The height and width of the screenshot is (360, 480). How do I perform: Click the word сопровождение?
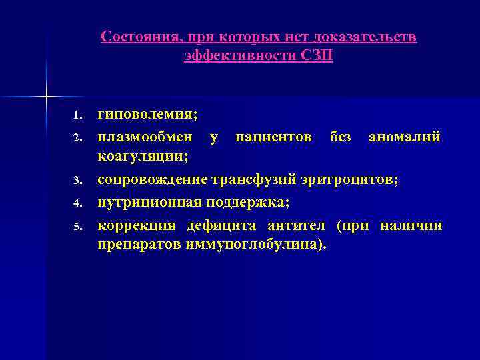(x=153, y=179)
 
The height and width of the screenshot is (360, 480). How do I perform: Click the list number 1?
(x=77, y=117)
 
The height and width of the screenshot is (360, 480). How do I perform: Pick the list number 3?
(x=77, y=181)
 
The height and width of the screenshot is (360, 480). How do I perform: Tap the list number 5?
(x=77, y=227)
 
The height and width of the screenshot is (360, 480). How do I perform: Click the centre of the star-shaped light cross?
(x=47, y=97)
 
